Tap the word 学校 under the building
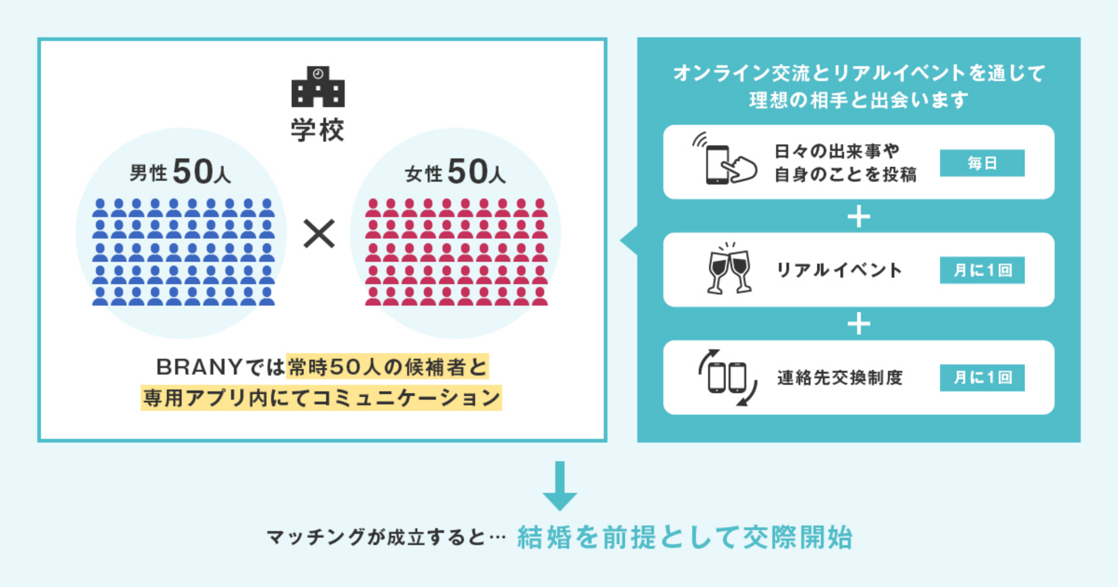click(318, 130)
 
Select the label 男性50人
click(180, 172)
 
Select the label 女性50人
click(455, 172)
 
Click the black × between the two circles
click(319, 233)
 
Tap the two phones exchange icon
click(727, 377)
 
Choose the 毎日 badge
click(982, 163)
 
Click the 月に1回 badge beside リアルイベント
click(982, 270)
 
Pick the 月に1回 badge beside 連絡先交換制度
click(982, 377)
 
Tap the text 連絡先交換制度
click(840, 378)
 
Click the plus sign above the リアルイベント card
click(859, 217)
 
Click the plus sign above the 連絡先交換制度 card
click(859, 324)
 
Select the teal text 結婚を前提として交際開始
click(685, 537)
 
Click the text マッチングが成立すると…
click(386, 538)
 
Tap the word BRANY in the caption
click(199, 367)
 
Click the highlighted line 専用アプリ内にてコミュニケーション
click(321, 398)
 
